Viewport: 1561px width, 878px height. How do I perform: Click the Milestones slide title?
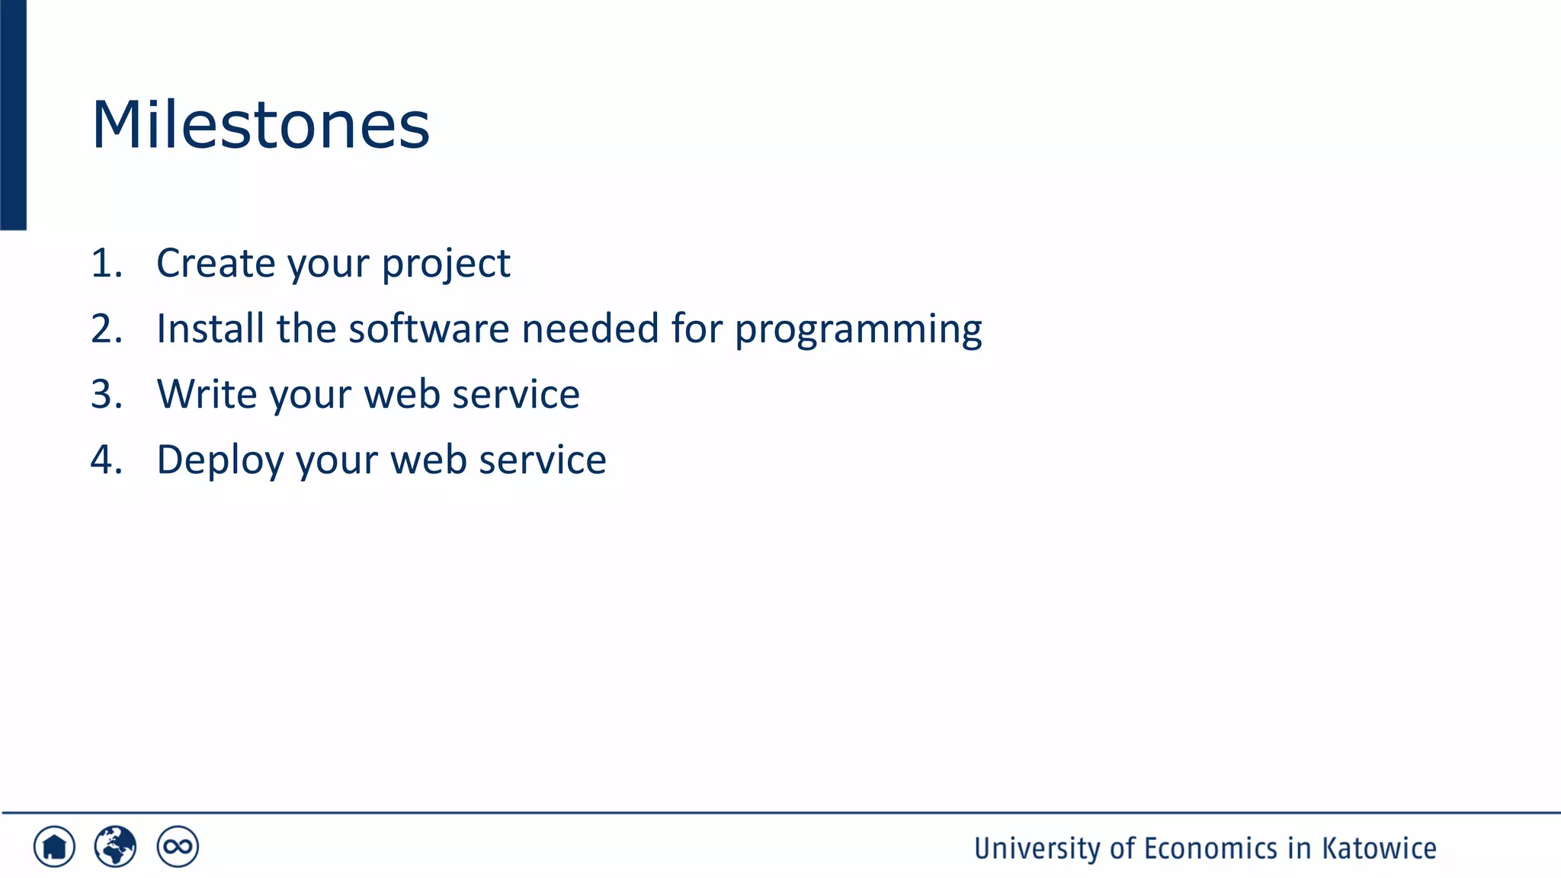(x=261, y=125)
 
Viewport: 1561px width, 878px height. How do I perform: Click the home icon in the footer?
(x=54, y=847)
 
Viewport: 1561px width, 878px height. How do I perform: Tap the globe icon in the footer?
(x=115, y=847)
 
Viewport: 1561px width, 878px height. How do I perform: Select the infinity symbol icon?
(x=178, y=847)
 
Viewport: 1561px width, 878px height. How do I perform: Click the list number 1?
(x=106, y=264)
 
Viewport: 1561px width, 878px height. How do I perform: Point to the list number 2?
(x=106, y=329)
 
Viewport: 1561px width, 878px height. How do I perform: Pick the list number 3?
(x=106, y=395)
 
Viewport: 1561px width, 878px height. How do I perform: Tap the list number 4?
(x=106, y=460)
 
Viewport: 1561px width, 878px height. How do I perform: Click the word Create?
(x=216, y=264)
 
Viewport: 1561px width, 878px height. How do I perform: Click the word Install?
(x=210, y=329)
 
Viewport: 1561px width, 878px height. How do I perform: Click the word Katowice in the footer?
(x=1379, y=848)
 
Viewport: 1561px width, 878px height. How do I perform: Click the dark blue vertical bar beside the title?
(x=13, y=114)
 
